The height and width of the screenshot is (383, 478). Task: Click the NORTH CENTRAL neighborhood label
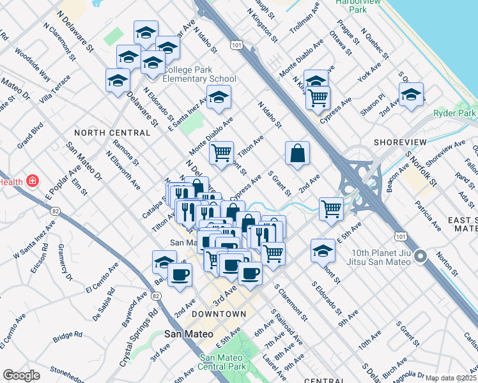[112, 133]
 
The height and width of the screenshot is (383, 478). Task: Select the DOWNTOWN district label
[219, 314]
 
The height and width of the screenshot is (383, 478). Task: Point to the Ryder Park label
[455, 113]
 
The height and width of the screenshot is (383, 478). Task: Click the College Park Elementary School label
[199, 74]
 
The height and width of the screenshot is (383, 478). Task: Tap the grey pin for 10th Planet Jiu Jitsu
[420, 257]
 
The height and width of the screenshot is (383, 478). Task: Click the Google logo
[21, 375]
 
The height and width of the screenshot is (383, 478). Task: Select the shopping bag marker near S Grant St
[298, 153]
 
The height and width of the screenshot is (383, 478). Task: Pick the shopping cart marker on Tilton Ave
[221, 153]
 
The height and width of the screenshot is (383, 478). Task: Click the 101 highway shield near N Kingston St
[237, 45]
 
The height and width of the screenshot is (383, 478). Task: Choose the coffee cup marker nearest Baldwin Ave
[180, 274]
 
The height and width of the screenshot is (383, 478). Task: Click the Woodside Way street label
[32, 65]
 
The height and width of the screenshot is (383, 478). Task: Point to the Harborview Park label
[359, 6]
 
